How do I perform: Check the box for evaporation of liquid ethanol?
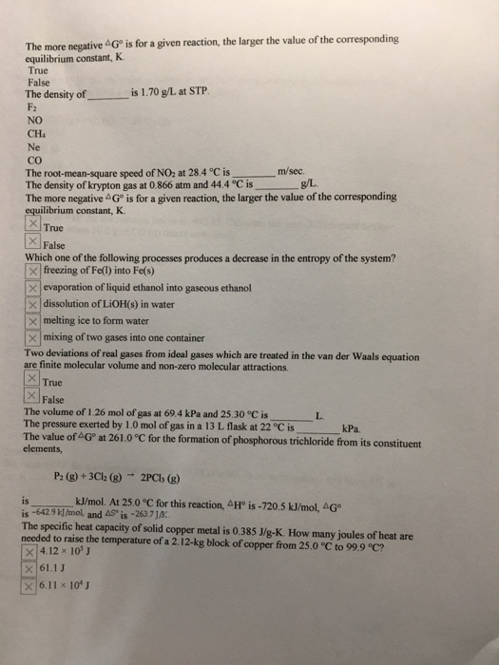point(32,287)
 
